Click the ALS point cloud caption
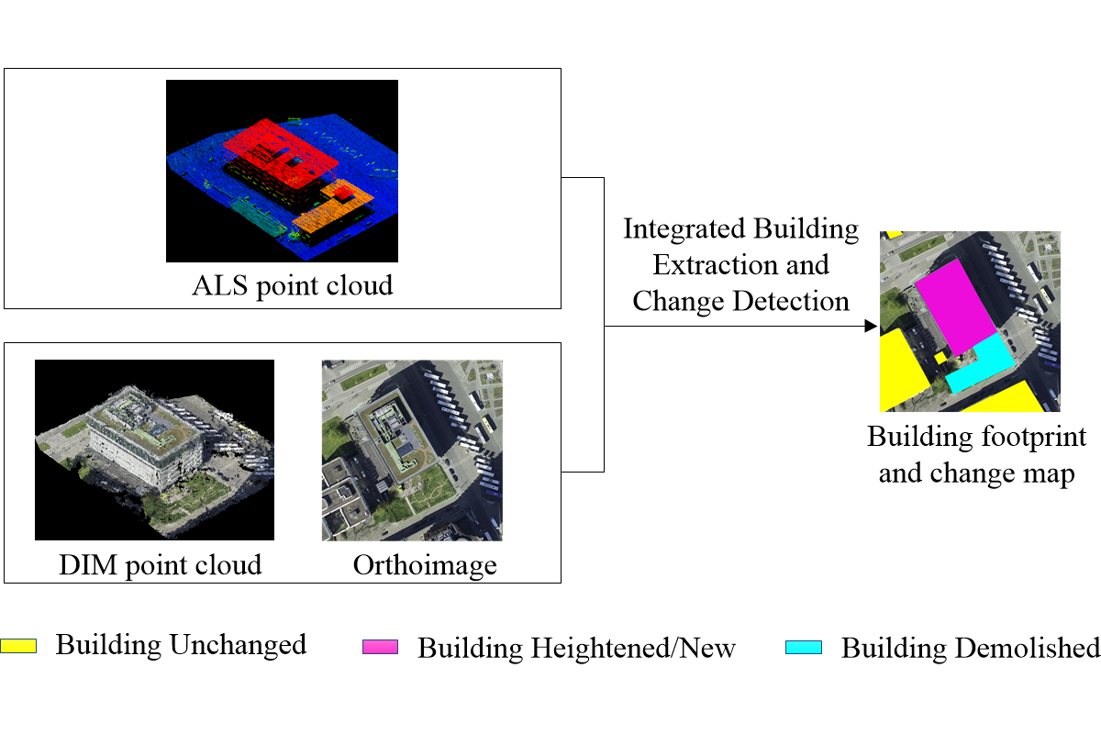click(292, 285)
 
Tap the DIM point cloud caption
click(148, 563)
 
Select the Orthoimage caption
click(425, 564)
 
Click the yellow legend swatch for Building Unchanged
click(18, 645)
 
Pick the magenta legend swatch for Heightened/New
click(381, 647)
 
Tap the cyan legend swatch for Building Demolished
click(804, 647)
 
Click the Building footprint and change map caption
click(976, 455)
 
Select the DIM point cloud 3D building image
click(154, 449)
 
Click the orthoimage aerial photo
click(412, 450)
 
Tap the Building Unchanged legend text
click(181, 645)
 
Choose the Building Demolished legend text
click(970, 648)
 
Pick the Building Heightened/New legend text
click(576, 648)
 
